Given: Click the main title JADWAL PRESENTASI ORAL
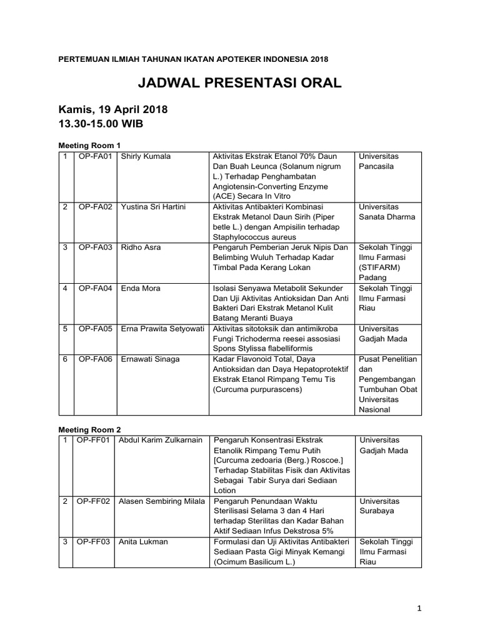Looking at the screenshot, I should [240, 84].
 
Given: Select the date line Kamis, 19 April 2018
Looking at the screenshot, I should [113, 109].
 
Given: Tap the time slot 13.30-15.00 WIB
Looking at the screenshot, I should [101, 124].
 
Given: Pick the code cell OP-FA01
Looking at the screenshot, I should [95, 156].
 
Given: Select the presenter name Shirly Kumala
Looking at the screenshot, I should [146, 156].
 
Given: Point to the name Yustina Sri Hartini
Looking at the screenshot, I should [154, 207].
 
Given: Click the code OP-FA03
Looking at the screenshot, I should [95, 247].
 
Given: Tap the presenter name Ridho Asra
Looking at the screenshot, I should [141, 247].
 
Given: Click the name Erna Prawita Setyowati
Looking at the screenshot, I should [163, 329].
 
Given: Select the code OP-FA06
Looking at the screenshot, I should [95, 359].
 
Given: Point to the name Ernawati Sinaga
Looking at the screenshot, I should [150, 359].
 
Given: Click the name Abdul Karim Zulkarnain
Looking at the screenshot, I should [161, 440].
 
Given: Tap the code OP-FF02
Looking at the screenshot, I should [93, 501].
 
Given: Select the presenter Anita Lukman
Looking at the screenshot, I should [143, 542].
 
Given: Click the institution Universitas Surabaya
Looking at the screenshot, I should [379, 506].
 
